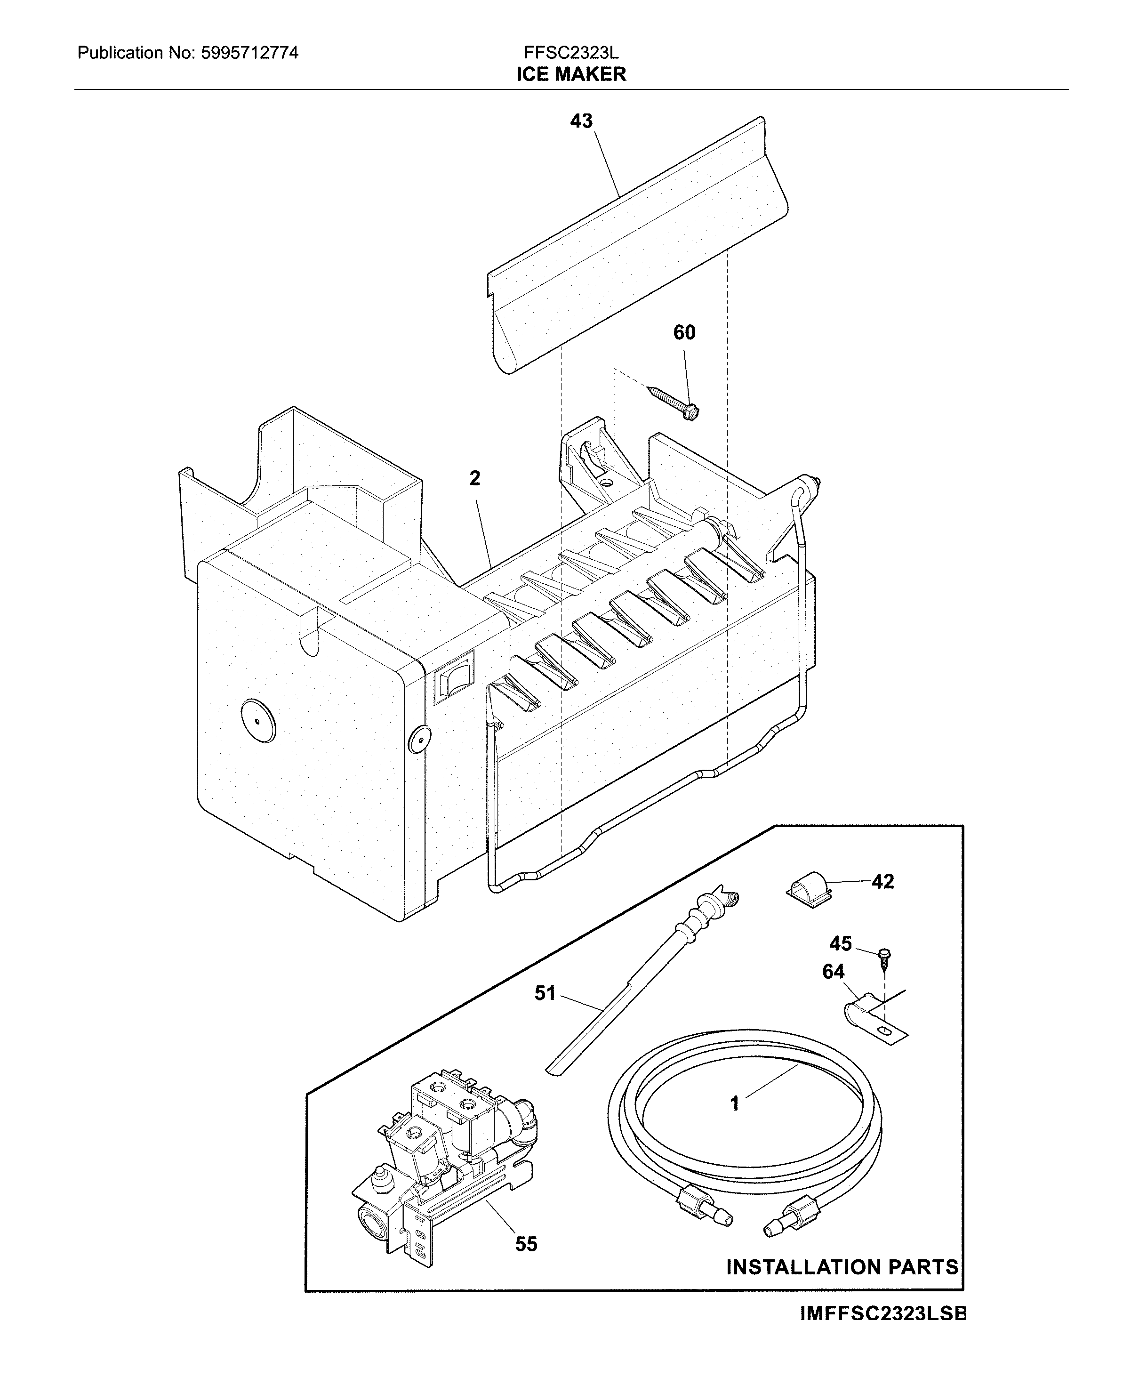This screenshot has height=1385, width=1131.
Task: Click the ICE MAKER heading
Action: [x=571, y=74]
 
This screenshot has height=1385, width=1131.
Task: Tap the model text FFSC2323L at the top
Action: [x=571, y=53]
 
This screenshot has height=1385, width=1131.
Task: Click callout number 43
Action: [x=581, y=121]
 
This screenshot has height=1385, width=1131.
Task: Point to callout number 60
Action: [x=684, y=333]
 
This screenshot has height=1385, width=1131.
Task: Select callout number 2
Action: [x=475, y=479]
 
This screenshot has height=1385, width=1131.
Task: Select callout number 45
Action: [x=841, y=944]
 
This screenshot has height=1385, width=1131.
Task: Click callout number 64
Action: [x=833, y=972]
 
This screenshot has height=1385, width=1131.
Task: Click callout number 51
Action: [x=545, y=993]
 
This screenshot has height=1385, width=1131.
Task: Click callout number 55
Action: [x=526, y=1245]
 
